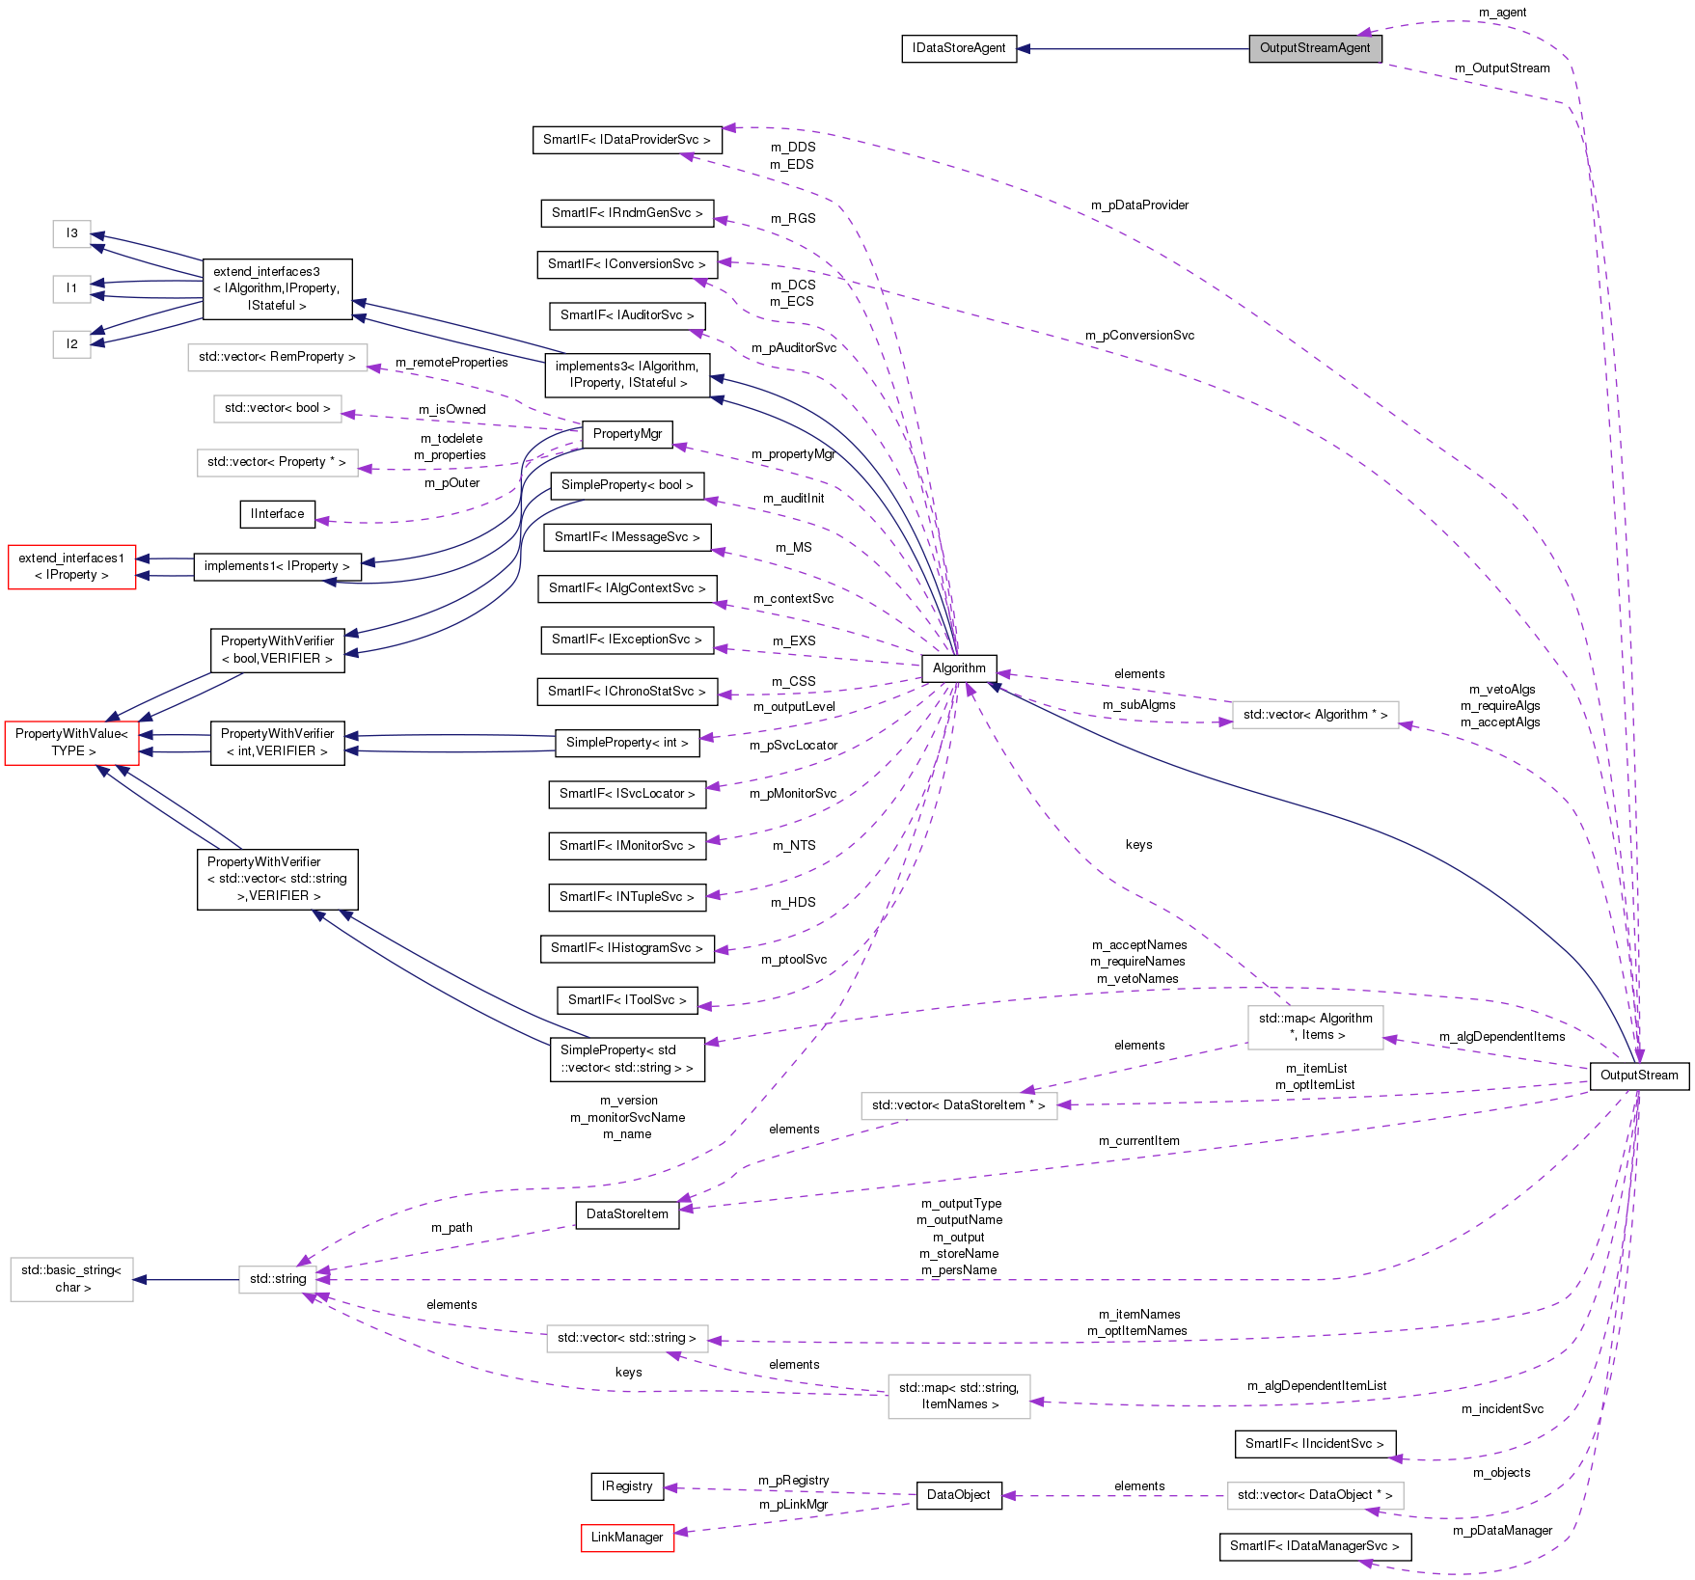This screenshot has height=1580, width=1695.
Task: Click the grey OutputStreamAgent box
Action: [1315, 48]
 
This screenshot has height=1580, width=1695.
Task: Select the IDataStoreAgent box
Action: [959, 48]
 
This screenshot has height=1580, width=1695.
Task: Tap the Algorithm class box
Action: [959, 667]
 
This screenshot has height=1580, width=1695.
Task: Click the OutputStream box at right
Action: [1638, 1076]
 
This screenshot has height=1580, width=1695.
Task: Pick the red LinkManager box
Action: [627, 1538]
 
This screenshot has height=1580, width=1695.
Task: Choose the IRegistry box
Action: [627, 1486]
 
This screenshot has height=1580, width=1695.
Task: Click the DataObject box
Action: [959, 1495]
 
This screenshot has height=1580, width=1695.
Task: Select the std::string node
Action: [278, 1279]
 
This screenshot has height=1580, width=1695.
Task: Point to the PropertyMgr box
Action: [627, 434]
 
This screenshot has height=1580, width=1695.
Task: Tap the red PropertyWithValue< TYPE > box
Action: [72, 743]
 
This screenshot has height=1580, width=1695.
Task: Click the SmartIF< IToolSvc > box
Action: [627, 1000]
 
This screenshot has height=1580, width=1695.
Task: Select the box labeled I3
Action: [72, 233]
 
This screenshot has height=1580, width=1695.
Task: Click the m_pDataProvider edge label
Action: [1139, 205]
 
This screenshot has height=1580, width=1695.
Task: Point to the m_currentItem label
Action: [1138, 1141]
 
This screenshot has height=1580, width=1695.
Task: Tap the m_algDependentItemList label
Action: [1316, 1386]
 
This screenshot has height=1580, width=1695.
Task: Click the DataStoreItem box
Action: [627, 1214]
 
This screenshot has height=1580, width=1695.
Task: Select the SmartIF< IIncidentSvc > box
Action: [1314, 1444]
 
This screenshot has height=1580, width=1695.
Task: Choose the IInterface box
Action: [278, 514]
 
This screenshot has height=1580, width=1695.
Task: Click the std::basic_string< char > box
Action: [72, 1279]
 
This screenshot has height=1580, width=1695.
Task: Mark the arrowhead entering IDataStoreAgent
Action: [1025, 48]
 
